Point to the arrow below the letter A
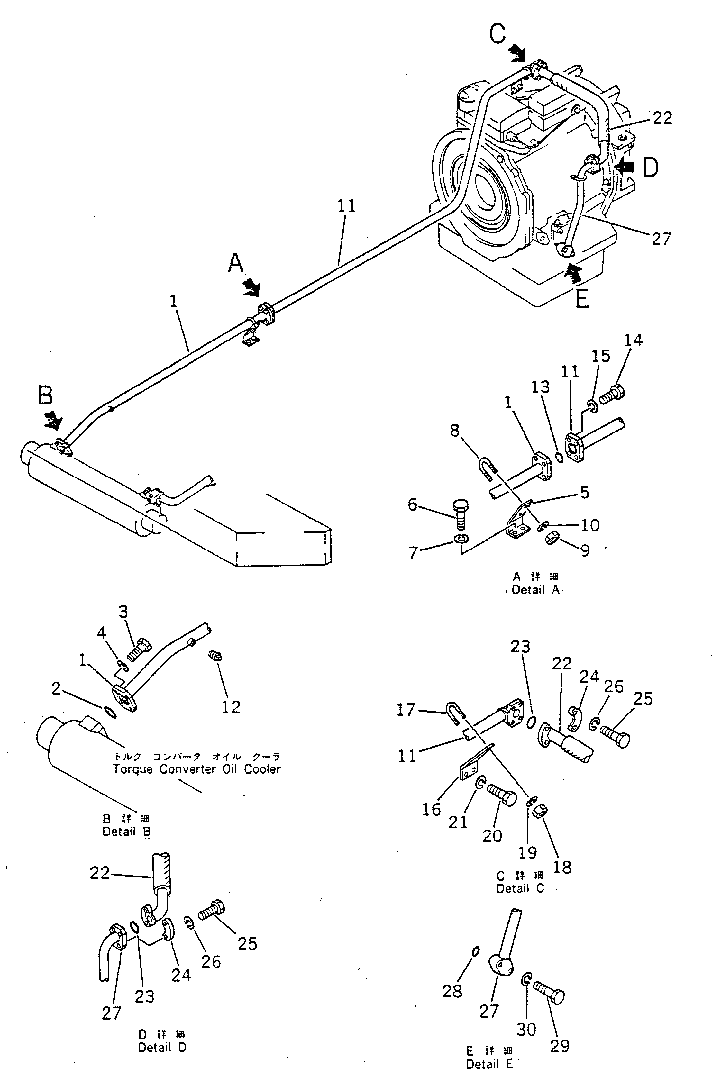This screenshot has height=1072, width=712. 251,287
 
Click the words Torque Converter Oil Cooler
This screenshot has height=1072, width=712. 196,769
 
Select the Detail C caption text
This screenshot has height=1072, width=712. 520,889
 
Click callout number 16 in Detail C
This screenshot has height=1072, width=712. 431,809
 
